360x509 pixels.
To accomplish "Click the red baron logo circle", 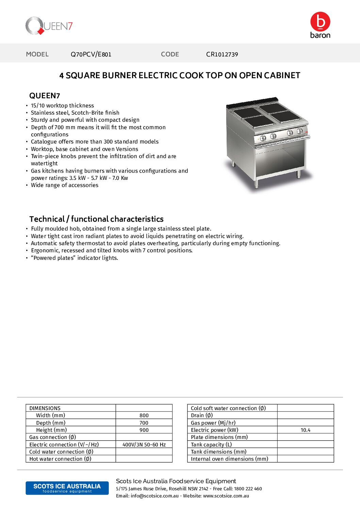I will coord(320,21).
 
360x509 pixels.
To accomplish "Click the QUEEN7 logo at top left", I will coord(49,26).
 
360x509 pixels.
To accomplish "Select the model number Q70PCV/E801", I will coord(91,54).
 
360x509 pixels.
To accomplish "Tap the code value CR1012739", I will coord(222,54).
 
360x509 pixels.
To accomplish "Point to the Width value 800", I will coord(144,415).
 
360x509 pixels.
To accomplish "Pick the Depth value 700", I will coord(144,423).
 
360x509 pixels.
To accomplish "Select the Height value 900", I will coord(144,430).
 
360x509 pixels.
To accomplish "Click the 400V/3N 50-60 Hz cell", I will coord(144,445).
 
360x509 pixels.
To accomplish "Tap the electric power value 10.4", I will coord(305,430).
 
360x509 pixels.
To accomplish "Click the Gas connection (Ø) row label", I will coord(53,437).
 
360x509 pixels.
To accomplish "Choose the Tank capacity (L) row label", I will coord(211,445).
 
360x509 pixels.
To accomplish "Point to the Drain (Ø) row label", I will coord(202,415).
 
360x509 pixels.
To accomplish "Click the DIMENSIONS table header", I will coord(45,408).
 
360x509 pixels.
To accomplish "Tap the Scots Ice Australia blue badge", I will coord(67,488).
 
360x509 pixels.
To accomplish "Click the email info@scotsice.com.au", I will coord(154,496).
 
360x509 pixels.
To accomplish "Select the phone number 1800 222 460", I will coord(248,489).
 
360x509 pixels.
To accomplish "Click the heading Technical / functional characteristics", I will coord(96,219).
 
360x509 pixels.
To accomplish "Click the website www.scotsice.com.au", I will coord(226,496).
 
